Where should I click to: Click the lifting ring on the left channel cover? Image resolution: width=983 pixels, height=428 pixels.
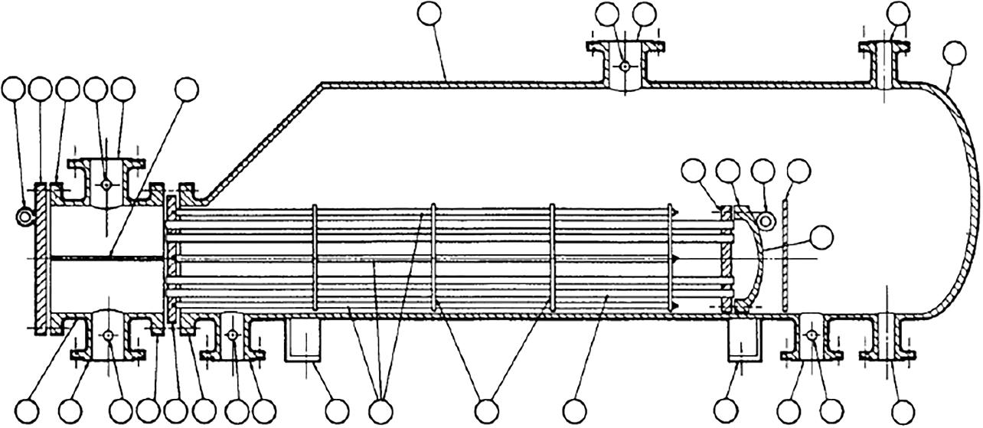(x=24, y=218)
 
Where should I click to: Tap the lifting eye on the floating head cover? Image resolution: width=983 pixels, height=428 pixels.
(x=765, y=221)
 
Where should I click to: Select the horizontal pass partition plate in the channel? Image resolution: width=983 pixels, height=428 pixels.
(x=107, y=257)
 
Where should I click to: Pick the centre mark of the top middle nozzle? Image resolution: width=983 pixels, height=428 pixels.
(x=625, y=67)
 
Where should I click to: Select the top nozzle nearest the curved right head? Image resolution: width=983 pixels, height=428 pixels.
(x=888, y=65)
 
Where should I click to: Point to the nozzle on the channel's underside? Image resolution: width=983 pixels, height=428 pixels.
(x=108, y=337)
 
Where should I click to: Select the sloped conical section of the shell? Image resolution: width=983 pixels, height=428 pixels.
(x=260, y=138)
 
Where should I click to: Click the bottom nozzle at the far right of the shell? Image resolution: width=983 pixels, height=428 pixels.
(x=888, y=337)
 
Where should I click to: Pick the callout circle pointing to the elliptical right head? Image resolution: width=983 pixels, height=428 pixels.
(x=954, y=52)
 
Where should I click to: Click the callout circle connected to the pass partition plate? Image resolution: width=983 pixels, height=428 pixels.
(x=186, y=89)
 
